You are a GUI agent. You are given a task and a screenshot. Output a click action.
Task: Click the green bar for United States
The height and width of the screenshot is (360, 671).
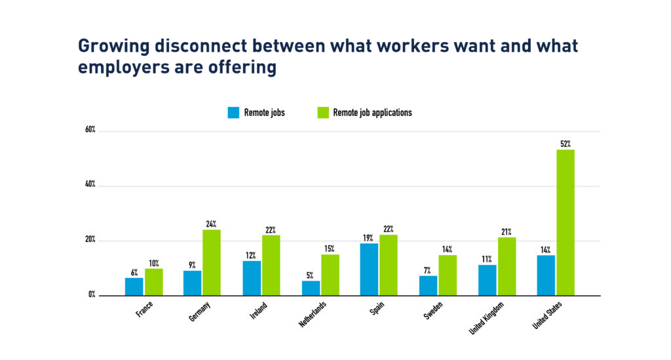(565, 222)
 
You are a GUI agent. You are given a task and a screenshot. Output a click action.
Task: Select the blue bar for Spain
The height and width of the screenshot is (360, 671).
(369, 269)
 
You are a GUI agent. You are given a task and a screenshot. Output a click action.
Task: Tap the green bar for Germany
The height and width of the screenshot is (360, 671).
(212, 262)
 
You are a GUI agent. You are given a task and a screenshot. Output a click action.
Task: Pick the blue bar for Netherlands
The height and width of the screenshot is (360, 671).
(311, 288)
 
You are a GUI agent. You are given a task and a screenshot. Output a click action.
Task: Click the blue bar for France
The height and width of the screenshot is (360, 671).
(134, 287)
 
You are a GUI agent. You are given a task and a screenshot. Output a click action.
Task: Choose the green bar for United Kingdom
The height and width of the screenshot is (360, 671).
(506, 266)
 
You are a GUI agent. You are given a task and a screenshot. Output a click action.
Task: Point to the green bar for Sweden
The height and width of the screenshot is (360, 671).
(448, 275)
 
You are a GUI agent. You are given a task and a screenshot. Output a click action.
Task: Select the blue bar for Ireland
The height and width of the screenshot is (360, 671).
(252, 278)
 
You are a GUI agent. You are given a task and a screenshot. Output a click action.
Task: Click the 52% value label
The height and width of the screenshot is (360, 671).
(565, 144)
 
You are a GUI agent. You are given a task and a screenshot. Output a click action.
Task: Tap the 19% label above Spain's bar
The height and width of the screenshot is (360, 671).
(369, 237)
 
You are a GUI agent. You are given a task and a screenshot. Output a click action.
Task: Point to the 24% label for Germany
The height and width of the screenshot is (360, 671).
(212, 224)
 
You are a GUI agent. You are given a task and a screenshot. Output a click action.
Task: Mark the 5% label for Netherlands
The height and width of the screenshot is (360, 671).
(311, 275)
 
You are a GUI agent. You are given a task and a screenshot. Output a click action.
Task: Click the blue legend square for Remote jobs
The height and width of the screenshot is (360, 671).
(233, 113)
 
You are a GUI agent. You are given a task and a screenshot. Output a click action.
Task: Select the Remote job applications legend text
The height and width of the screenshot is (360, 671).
(372, 113)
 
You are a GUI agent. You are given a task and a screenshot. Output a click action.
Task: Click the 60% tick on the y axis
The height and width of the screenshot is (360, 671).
(90, 130)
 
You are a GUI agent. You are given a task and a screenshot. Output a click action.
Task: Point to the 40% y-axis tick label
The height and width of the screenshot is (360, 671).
(90, 186)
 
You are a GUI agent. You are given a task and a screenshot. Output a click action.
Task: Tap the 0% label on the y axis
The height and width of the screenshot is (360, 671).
(92, 295)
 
